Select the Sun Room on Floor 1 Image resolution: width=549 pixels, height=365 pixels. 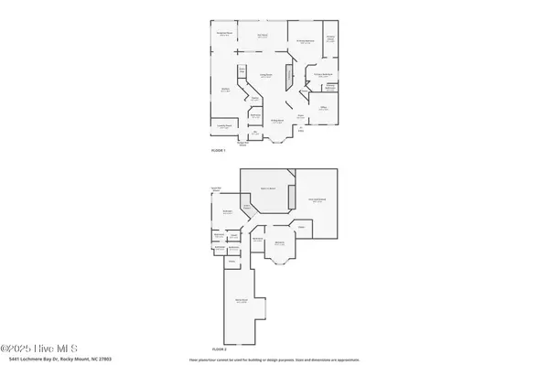(x=262, y=36)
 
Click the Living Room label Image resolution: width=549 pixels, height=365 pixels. (x=266, y=77)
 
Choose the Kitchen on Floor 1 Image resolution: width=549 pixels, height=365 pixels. (x=225, y=89)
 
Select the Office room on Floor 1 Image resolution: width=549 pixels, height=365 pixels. (x=323, y=107)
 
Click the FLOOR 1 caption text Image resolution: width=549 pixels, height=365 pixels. (x=219, y=149)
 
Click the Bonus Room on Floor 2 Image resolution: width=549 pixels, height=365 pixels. (x=242, y=302)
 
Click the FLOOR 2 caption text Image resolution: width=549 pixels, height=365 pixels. (x=219, y=349)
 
